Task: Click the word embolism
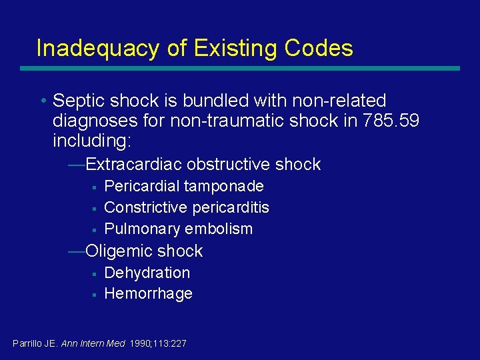(x=219, y=229)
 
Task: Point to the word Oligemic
(x=118, y=251)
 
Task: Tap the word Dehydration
(x=147, y=273)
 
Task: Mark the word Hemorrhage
(x=149, y=293)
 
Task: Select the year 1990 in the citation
(x=141, y=344)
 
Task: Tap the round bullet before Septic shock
(x=42, y=101)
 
